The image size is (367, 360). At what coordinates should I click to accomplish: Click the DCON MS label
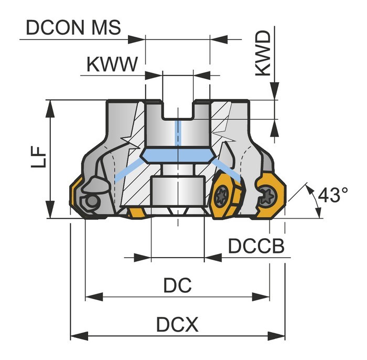click(73, 28)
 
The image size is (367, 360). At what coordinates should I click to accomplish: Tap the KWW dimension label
click(112, 64)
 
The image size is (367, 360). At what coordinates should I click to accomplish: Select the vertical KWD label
click(263, 54)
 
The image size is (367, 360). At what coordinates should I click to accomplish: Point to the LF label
click(38, 157)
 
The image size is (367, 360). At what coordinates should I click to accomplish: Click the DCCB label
click(256, 246)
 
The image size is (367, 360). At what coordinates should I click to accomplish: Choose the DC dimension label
click(177, 285)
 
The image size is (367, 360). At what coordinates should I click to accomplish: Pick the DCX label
click(177, 324)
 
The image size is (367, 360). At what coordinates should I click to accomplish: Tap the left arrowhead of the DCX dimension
click(79, 336)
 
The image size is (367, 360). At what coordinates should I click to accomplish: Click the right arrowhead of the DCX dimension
click(276, 336)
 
